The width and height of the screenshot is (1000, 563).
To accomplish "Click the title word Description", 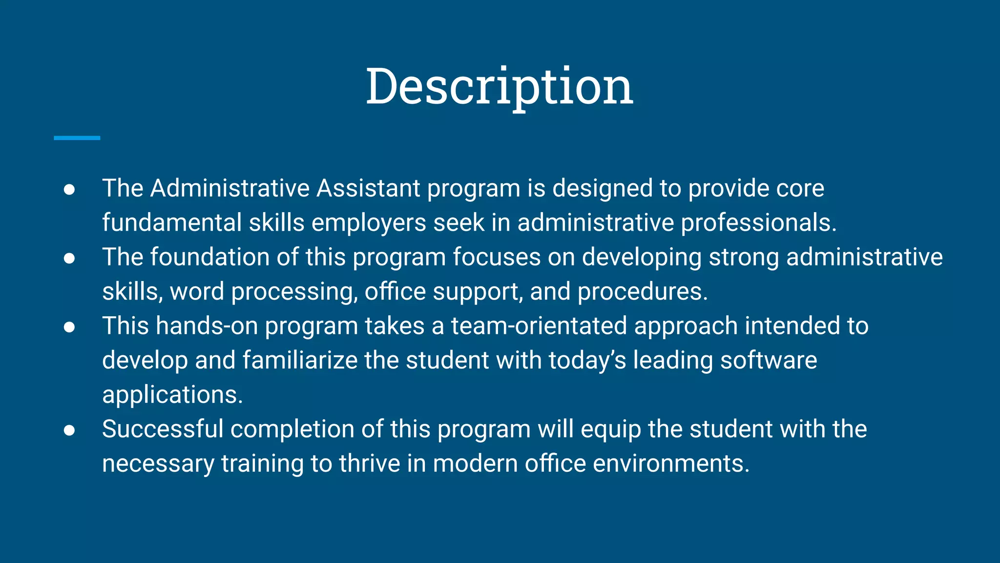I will [x=499, y=87].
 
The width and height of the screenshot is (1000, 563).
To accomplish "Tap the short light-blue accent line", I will [x=77, y=138].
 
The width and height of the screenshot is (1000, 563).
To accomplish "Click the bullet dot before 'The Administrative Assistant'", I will [x=69, y=190].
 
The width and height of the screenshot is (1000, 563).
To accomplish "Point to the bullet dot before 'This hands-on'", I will [x=69, y=327].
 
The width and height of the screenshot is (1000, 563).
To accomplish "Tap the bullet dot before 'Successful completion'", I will [x=69, y=430].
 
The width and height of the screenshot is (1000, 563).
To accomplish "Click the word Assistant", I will [x=368, y=189].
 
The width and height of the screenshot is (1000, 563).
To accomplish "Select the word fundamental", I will [x=172, y=223].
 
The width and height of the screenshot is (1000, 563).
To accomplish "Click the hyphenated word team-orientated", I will [x=539, y=326].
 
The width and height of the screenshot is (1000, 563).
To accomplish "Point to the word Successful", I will [x=163, y=429].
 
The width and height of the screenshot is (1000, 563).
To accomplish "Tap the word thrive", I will [x=370, y=464].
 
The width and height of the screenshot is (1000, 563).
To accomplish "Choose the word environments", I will [x=671, y=464].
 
